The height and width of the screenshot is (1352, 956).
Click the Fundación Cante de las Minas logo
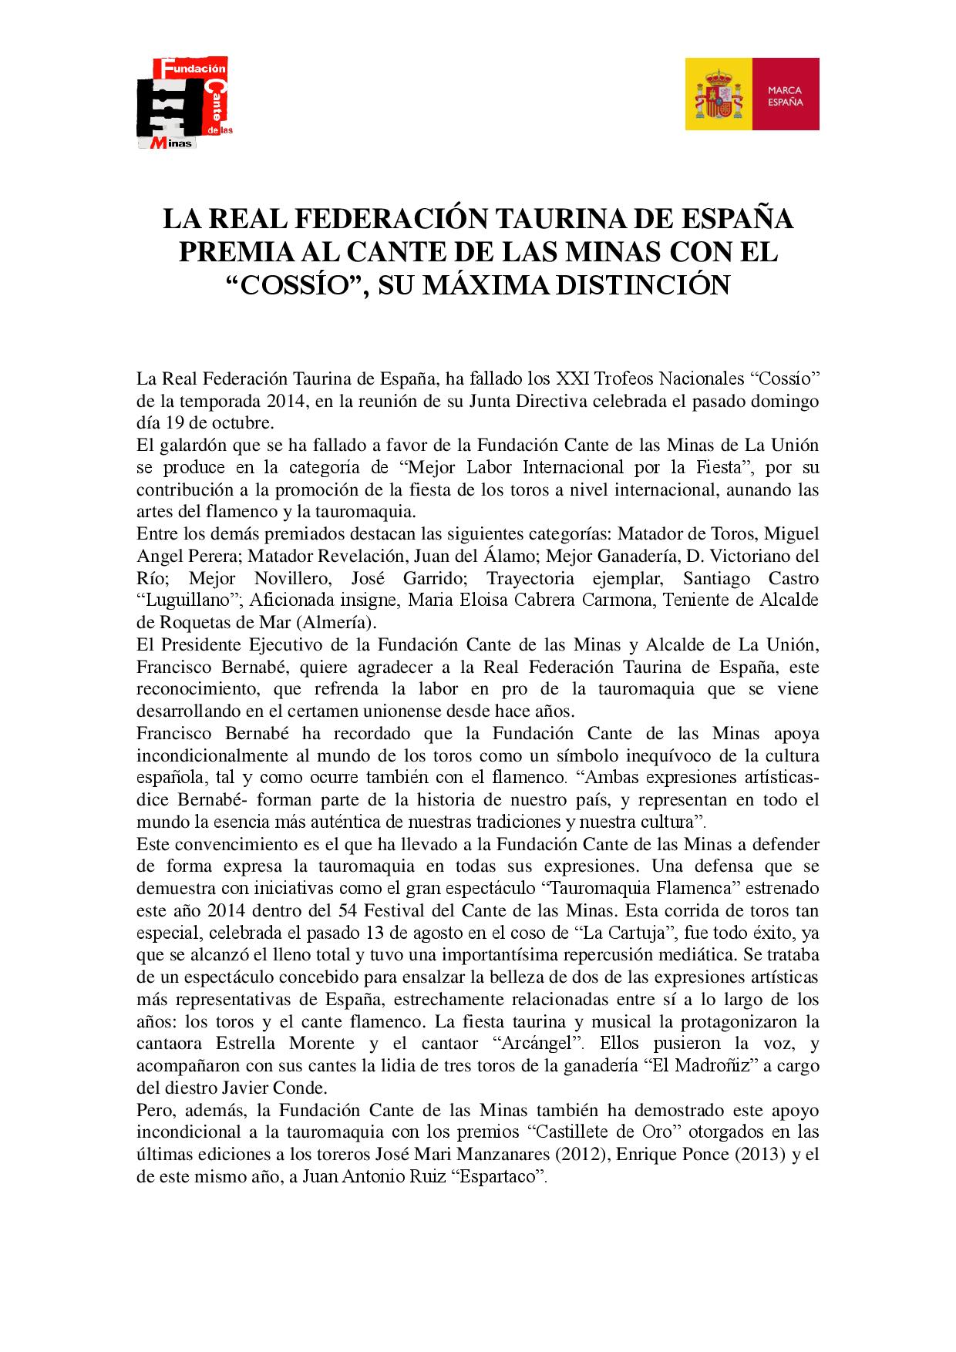pos(185,103)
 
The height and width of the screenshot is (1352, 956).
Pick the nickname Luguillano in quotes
pos(182,600)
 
